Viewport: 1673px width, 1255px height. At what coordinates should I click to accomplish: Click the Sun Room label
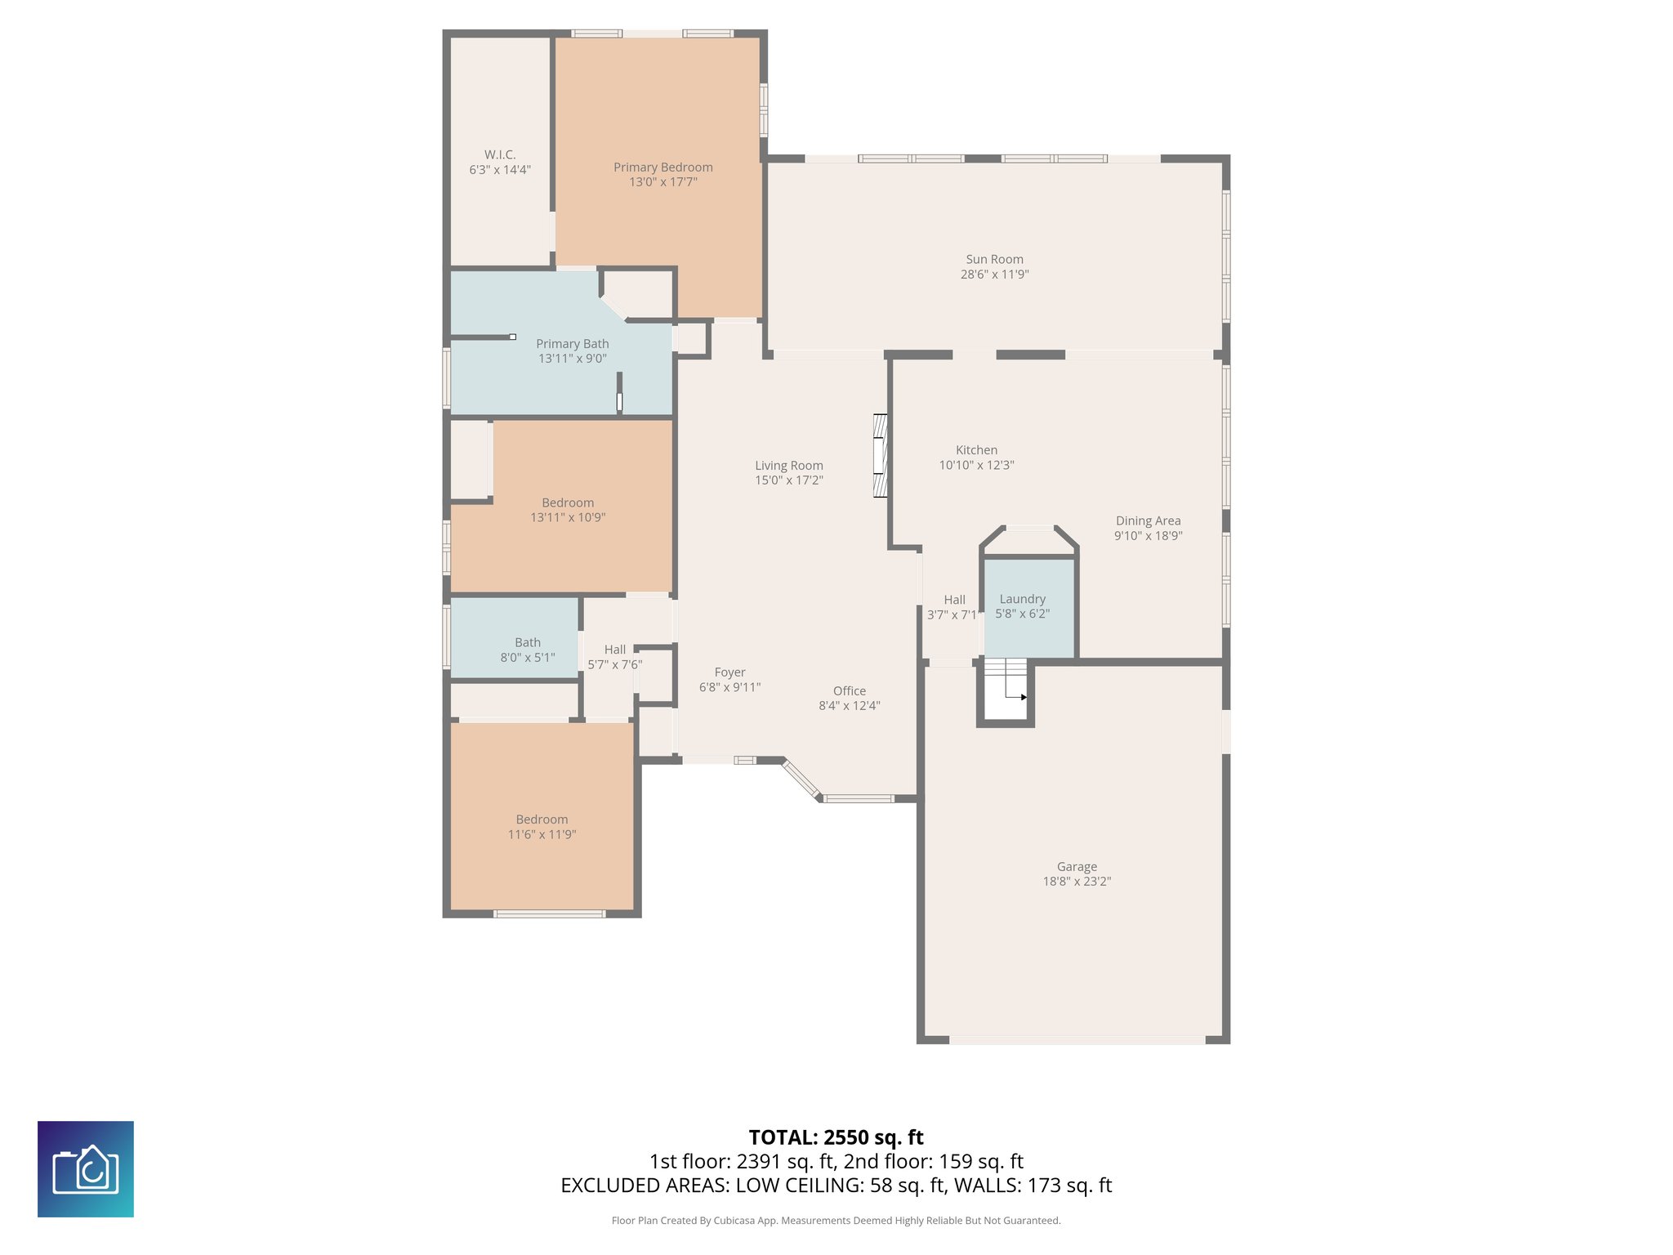994,259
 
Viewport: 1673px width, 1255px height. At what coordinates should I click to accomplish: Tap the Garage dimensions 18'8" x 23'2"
1077,882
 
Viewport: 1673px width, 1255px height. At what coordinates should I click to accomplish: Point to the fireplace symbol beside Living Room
880,456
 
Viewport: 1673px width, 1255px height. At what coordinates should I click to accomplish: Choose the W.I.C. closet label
500,154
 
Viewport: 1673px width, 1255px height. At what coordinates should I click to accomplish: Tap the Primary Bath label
572,344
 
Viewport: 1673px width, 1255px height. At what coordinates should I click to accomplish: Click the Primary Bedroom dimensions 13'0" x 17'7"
663,182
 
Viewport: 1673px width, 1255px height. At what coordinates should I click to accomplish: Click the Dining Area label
1148,520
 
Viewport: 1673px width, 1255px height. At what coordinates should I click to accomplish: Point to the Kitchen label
976,450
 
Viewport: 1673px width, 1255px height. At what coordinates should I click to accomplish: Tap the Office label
849,690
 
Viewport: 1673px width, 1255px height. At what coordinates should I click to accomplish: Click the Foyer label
729,672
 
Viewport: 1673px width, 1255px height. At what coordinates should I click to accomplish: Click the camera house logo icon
86,1169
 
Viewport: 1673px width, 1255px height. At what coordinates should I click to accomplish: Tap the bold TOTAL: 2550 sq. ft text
836,1137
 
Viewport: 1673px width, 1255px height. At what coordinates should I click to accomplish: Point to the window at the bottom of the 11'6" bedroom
549,913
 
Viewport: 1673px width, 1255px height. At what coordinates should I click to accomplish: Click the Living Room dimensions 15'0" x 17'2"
788,480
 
